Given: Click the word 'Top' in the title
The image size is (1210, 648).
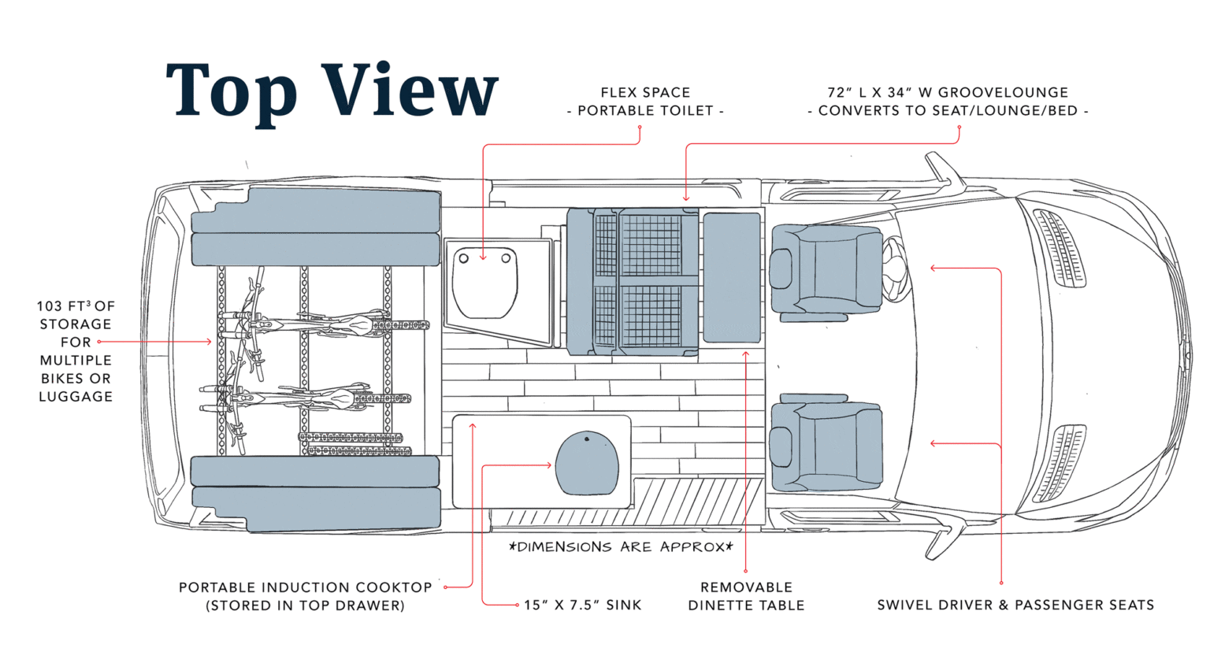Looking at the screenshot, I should point(231,92).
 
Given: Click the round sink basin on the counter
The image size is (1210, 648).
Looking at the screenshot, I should point(587,464).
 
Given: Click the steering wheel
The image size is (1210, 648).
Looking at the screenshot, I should point(896,268).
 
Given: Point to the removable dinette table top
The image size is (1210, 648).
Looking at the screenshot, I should point(731,277).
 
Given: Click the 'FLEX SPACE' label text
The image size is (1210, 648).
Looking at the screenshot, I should point(645,93).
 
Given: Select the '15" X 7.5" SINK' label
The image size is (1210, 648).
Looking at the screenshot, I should point(582,605).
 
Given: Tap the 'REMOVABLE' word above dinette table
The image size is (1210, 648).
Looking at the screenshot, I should point(746,587).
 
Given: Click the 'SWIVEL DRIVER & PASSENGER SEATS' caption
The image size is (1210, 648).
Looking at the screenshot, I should point(1015,605).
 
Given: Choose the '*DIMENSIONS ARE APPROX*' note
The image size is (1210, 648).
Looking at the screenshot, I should point(622,546).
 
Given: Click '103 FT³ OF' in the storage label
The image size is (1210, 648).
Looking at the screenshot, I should point(76,305).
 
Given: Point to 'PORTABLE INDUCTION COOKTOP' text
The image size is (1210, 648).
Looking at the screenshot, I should point(305,587).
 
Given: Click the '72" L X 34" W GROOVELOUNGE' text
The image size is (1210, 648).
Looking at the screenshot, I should point(947,93).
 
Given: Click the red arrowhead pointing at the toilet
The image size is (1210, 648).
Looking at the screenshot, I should point(483,257).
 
